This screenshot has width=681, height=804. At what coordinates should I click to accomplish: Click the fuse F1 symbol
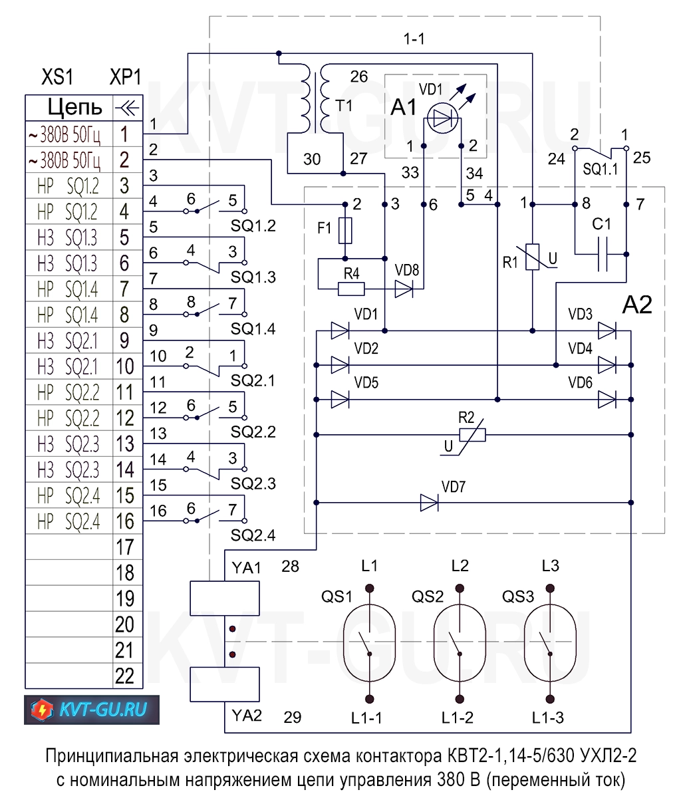(345, 231)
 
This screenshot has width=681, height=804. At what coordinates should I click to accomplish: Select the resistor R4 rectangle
(351, 289)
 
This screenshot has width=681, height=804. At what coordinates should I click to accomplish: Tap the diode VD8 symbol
(404, 289)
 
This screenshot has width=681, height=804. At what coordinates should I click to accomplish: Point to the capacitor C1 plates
(602, 255)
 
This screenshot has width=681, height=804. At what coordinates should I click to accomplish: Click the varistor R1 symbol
(533, 257)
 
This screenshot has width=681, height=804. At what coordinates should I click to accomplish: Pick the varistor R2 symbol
(472, 435)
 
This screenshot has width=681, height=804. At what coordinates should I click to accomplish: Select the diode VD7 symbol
(430, 503)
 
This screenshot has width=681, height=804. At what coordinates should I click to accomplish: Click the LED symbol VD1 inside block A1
(443, 118)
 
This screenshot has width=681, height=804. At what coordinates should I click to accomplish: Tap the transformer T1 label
(344, 106)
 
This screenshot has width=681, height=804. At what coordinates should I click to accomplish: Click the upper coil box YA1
(224, 599)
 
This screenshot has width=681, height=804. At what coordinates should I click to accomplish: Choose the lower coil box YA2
(224, 684)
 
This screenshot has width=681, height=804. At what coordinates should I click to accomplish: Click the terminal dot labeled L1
(370, 588)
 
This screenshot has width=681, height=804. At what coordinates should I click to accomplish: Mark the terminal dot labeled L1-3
(550, 699)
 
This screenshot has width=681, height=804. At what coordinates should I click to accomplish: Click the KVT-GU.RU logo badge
(92, 710)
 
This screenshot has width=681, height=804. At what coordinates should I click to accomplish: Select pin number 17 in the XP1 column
(125, 547)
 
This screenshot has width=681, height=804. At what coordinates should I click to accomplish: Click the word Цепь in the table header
(74, 107)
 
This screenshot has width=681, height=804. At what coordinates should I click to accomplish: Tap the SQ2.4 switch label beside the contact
(253, 535)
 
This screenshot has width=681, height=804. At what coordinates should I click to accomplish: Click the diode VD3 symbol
(607, 331)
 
